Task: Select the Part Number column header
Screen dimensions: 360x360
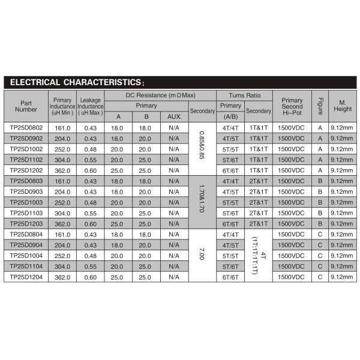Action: (x=26, y=106)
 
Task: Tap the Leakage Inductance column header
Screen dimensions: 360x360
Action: (x=91, y=106)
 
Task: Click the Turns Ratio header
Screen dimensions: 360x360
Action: (x=245, y=95)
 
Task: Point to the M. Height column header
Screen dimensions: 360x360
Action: (x=341, y=106)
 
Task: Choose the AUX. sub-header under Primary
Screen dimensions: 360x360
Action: (x=174, y=116)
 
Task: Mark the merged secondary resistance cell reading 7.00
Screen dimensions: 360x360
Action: (x=202, y=256)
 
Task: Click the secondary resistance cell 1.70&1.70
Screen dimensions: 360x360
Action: (x=202, y=202)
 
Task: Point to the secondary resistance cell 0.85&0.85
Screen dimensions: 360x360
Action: (x=202, y=149)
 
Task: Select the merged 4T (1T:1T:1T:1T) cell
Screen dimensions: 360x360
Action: (x=259, y=256)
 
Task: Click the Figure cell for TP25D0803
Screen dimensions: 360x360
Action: (x=320, y=181)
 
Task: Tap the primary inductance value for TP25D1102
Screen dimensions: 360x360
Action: (x=62, y=160)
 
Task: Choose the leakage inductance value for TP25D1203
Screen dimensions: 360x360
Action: (x=91, y=224)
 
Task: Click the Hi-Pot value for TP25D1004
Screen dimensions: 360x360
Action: (x=292, y=256)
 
